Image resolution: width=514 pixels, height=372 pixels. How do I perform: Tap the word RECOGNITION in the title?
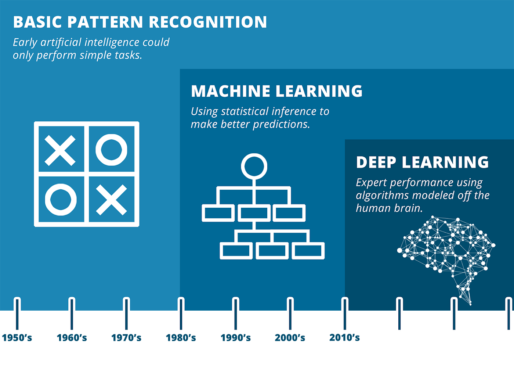pyautogui.click(x=208, y=22)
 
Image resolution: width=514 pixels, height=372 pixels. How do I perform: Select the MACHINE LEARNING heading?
pyautogui.click(x=276, y=91)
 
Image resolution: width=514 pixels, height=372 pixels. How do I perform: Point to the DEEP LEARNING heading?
pyautogui.click(x=422, y=162)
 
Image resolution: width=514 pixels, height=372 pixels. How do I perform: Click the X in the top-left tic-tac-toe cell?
pyautogui.click(x=60, y=150)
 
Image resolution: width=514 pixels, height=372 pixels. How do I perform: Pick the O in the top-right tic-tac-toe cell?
pyautogui.click(x=111, y=150)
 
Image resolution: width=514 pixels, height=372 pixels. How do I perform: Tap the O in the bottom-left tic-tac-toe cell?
pyautogui.click(x=61, y=200)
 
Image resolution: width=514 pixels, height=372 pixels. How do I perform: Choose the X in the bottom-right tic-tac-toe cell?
pyautogui.click(x=111, y=200)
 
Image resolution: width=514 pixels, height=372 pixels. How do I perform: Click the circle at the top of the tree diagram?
pyautogui.click(x=254, y=166)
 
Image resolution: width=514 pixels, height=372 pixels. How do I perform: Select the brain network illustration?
pyautogui.click(x=446, y=254)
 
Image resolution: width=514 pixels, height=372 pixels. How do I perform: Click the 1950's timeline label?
pyautogui.click(x=17, y=337)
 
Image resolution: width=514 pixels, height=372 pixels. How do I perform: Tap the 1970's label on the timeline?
pyautogui.click(x=126, y=337)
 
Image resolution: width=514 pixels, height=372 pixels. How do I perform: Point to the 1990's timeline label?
pyautogui.click(x=236, y=337)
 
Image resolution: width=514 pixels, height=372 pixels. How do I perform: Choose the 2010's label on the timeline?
pyautogui.click(x=344, y=337)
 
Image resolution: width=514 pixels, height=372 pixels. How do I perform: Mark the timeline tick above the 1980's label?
pyautogui.click(x=181, y=314)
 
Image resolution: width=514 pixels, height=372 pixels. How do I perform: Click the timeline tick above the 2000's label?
pyautogui.click(x=290, y=314)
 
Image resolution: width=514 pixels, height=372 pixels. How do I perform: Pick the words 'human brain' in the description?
pyautogui.click(x=389, y=208)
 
